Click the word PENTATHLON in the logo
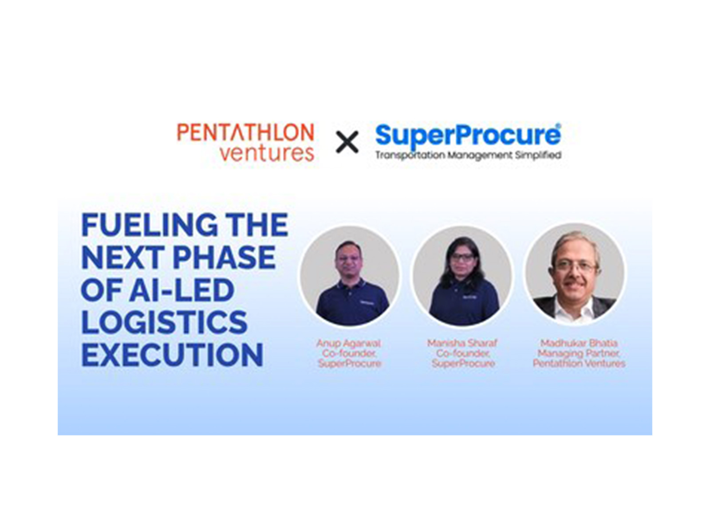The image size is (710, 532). (x=245, y=133)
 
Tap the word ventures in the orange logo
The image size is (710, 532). (x=267, y=153)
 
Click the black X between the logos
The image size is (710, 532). (x=347, y=142)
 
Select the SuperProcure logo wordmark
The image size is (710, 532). (x=468, y=135)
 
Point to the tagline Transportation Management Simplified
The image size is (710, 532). (x=468, y=155)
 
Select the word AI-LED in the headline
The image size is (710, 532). (x=182, y=290)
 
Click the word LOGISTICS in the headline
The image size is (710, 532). (x=164, y=322)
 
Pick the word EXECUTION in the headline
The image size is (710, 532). (x=172, y=355)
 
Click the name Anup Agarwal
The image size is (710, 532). (x=349, y=343)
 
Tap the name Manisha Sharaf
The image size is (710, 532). (x=462, y=343)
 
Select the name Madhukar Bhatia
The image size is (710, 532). (x=579, y=343)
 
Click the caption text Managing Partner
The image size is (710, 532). (x=579, y=353)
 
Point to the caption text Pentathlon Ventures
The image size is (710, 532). (x=579, y=364)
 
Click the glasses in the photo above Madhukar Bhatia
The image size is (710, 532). (x=576, y=266)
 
